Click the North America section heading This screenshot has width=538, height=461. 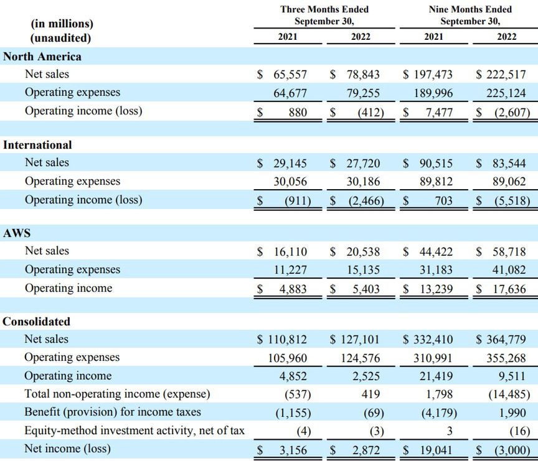tap(42, 57)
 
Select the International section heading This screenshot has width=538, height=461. tap(37, 145)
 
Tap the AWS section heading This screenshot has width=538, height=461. tap(17, 233)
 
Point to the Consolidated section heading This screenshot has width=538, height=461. tap(37, 322)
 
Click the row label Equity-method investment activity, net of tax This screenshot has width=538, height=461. tap(134, 431)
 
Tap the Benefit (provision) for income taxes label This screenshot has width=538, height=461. tap(113, 412)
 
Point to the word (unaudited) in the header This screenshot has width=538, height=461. tap(62, 37)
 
